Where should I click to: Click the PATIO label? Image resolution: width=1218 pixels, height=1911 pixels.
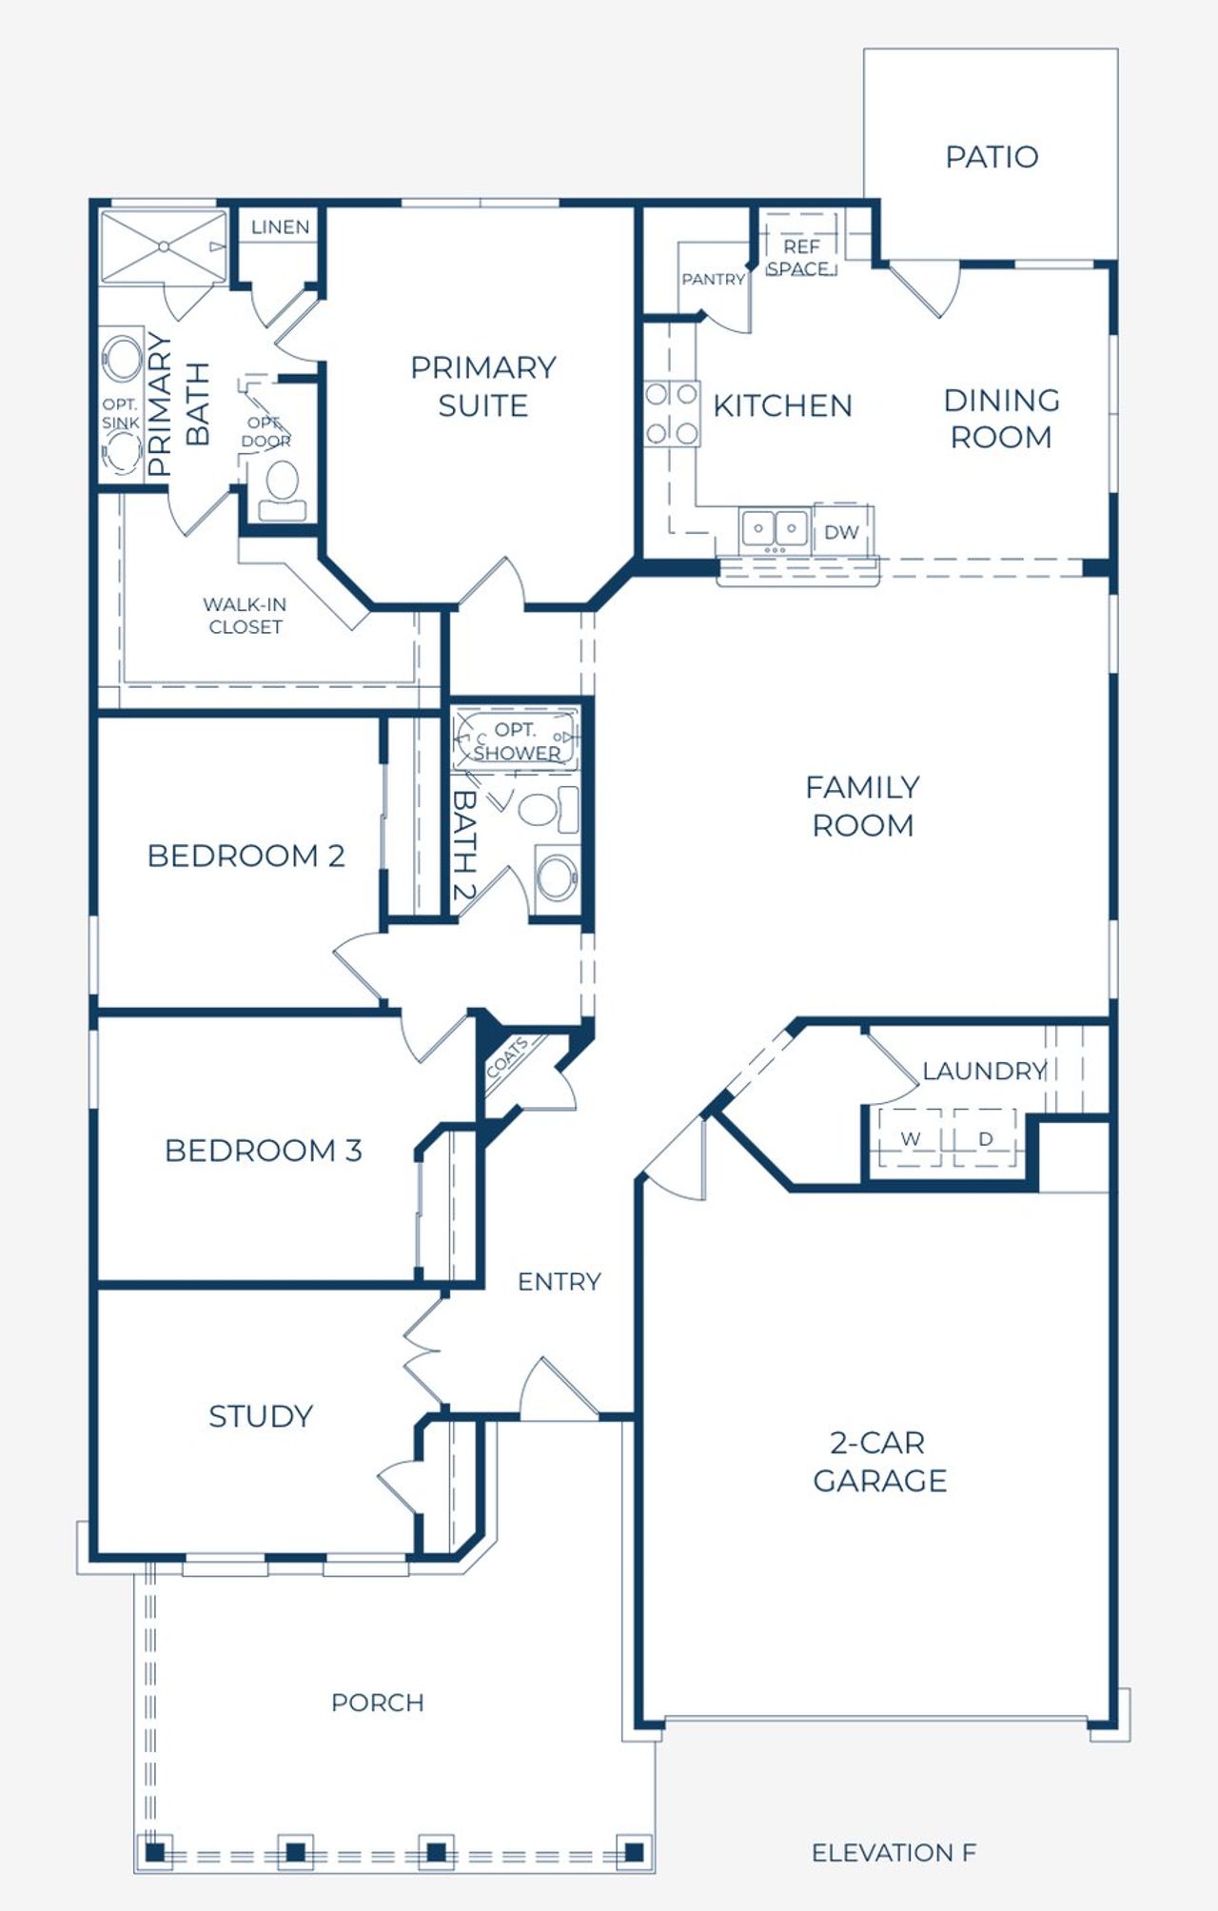click(x=992, y=157)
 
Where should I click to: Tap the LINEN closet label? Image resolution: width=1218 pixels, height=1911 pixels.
click(x=280, y=227)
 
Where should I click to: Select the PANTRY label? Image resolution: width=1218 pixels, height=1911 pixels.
click(x=713, y=279)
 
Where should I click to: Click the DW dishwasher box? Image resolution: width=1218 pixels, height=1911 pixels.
click(x=842, y=531)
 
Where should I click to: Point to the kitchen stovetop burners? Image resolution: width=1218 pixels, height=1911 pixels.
click(x=672, y=414)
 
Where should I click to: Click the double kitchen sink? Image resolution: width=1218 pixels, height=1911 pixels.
click(x=776, y=528)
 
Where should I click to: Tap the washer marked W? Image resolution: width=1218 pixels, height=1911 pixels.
click(x=911, y=1138)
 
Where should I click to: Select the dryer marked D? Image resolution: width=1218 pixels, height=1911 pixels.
click(x=986, y=1138)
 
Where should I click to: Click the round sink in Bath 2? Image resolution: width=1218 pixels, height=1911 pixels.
click(x=558, y=878)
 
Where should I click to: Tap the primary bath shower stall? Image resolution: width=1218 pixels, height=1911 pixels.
click(x=164, y=246)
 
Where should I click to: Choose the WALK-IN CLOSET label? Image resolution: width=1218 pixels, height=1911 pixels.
click(x=245, y=616)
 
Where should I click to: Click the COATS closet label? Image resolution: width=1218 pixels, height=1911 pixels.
click(x=507, y=1058)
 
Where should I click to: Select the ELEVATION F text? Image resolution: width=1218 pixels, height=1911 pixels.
click(x=894, y=1852)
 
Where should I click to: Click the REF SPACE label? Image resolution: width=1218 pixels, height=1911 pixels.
click(x=800, y=258)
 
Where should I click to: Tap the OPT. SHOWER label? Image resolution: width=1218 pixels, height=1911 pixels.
click(x=517, y=741)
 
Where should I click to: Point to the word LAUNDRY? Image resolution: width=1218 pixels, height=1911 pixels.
click(x=984, y=1071)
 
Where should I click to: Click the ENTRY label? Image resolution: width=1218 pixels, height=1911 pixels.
click(x=560, y=1282)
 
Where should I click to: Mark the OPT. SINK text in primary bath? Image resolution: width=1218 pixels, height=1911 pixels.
click(x=120, y=413)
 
